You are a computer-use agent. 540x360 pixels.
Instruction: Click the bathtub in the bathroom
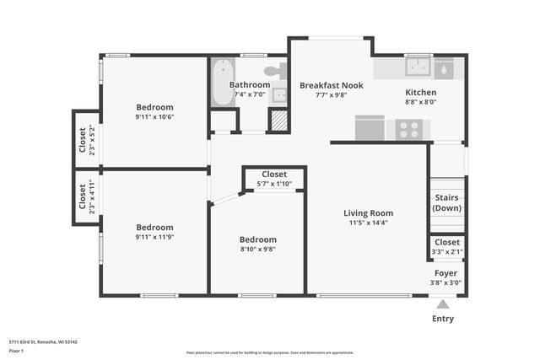(224, 82)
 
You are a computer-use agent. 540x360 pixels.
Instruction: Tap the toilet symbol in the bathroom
(276, 72)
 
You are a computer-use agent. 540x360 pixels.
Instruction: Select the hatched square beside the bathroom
(278, 121)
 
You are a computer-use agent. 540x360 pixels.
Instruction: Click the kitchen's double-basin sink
(418, 67)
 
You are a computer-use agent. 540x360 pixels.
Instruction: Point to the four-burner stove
(409, 129)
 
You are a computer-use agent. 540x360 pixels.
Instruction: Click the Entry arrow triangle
(442, 304)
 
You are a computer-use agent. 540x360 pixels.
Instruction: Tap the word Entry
(442, 319)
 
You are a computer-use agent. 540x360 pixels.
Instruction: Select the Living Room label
(368, 213)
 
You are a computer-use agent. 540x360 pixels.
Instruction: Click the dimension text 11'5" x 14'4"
(368, 224)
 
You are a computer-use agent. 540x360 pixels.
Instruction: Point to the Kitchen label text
(420, 93)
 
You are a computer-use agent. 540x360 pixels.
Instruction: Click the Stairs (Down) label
(446, 202)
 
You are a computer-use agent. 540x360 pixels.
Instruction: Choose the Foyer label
(445, 273)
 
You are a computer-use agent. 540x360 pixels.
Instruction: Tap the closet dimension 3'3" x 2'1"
(446, 251)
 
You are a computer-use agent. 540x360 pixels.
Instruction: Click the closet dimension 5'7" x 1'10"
(274, 184)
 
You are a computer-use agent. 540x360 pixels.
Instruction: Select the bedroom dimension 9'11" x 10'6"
(155, 118)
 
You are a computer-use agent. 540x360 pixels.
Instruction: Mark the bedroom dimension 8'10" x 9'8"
(257, 249)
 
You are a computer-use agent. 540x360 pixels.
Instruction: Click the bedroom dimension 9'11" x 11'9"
(155, 238)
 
